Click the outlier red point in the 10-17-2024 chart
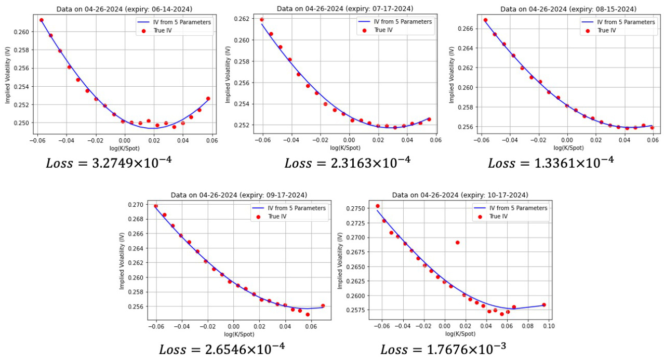click(x=457, y=243)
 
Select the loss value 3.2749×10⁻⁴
click(x=109, y=163)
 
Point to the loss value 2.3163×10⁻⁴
click(x=347, y=163)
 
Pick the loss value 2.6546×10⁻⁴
click(x=222, y=348)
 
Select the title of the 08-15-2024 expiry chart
click(x=567, y=9)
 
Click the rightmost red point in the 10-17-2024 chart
click(x=544, y=305)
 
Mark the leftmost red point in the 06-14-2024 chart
click(x=42, y=20)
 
